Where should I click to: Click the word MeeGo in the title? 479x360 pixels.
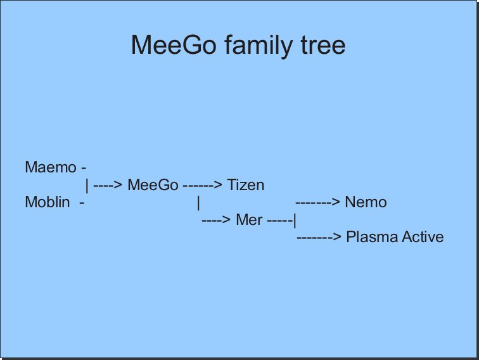click(x=174, y=44)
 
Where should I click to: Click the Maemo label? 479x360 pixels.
click(x=51, y=167)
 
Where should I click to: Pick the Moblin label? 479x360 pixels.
click(x=48, y=202)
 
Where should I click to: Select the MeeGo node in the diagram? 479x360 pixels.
click(x=153, y=185)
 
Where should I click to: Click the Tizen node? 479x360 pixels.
click(x=246, y=185)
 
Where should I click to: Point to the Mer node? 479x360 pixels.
click(x=249, y=220)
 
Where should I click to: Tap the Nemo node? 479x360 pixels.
click(x=366, y=202)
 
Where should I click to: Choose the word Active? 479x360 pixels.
click(x=423, y=237)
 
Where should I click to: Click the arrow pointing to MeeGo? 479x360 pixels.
click(x=108, y=185)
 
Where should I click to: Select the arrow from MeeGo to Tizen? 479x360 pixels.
click(x=203, y=185)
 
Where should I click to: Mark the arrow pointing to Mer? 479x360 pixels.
click(x=216, y=220)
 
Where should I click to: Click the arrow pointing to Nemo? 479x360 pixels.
click(x=317, y=202)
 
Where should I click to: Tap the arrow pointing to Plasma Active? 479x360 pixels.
click(x=319, y=237)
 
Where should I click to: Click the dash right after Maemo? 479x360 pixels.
click(x=84, y=168)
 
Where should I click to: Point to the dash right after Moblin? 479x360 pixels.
click(x=82, y=203)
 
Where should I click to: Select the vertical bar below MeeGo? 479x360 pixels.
click(x=198, y=203)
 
